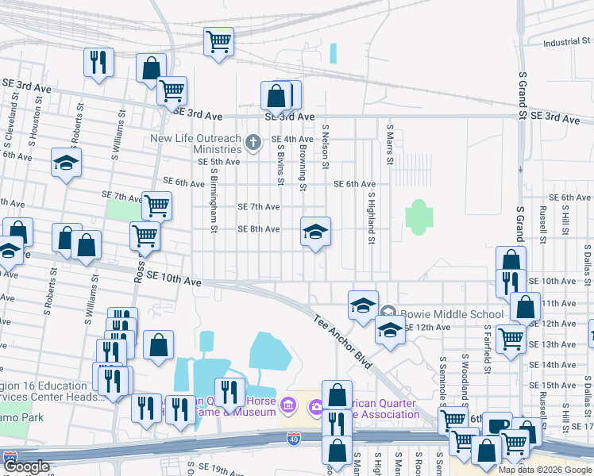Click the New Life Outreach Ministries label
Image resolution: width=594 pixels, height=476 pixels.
pos(197,144)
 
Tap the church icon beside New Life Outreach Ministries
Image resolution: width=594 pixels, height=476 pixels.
pos(253,144)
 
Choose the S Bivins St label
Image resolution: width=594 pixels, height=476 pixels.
pos(281,159)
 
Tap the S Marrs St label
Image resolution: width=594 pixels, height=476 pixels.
pos(390,144)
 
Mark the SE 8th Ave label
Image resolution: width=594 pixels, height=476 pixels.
pos(259,229)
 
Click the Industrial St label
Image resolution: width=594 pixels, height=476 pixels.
pos(563,42)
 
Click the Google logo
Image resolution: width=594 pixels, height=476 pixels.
pos(25,467)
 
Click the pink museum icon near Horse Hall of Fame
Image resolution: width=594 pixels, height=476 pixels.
pos(288,406)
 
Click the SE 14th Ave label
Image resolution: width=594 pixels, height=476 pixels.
pos(557,365)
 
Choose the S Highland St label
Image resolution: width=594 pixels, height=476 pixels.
pos(370,210)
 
